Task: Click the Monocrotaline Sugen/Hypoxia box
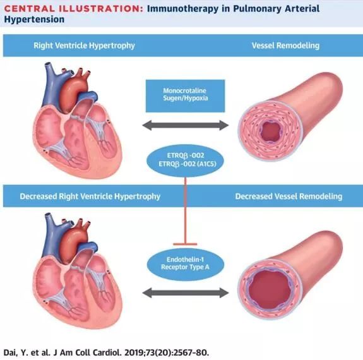[x=185, y=96]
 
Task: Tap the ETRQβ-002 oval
[x=185, y=160]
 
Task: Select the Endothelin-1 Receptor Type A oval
[x=185, y=263]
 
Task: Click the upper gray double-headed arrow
[x=185, y=125]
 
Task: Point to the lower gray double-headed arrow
[x=185, y=293]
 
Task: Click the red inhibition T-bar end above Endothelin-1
[x=185, y=244]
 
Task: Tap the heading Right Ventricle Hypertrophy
[x=84, y=45]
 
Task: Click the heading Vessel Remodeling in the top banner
[x=285, y=45]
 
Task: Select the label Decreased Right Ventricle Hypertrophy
[x=90, y=196]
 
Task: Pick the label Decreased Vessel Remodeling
[x=289, y=196]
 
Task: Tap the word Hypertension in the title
[x=34, y=20]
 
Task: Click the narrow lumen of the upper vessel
[x=271, y=131]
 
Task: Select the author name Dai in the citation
[x=11, y=352]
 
